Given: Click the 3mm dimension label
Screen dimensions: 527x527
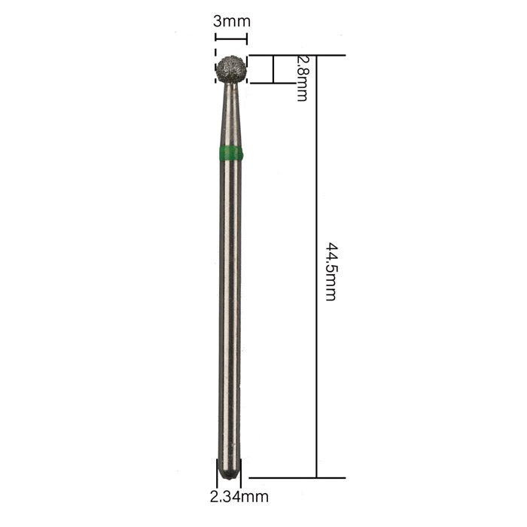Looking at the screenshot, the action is pyautogui.click(x=232, y=22).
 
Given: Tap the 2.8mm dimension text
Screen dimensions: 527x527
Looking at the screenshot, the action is pyautogui.click(x=302, y=78).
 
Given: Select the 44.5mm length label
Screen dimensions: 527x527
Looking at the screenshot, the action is pyautogui.click(x=331, y=271).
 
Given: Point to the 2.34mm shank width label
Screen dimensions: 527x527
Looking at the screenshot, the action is pyautogui.click(x=239, y=497).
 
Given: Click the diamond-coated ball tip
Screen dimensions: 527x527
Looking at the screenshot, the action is pyautogui.click(x=231, y=69).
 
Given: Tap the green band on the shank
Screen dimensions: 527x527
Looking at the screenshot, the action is pyautogui.click(x=231, y=152).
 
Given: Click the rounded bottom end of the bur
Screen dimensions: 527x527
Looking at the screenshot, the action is pyautogui.click(x=229, y=470).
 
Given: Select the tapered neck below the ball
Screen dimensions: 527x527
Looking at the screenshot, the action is pyautogui.click(x=231, y=114).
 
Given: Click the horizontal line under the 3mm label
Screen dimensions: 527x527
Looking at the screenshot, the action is pyautogui.click(x=231, y=39).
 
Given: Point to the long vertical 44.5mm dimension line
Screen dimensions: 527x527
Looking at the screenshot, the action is pyautogui.click(x=316, y=267).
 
